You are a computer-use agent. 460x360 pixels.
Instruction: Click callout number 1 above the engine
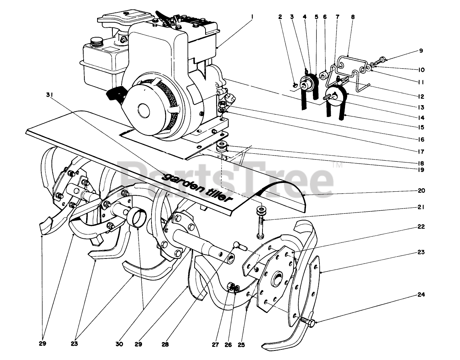(252, 17)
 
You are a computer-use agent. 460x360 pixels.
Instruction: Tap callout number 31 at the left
(50, 95)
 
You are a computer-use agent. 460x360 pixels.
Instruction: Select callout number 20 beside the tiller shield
(421, 191)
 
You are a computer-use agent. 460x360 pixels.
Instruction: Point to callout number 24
(421, 294)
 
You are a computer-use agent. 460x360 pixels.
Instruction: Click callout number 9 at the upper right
(421, 51)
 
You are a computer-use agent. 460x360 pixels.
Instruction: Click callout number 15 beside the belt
(421, 127)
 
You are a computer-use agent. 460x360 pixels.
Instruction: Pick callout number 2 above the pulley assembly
(280, 17)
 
